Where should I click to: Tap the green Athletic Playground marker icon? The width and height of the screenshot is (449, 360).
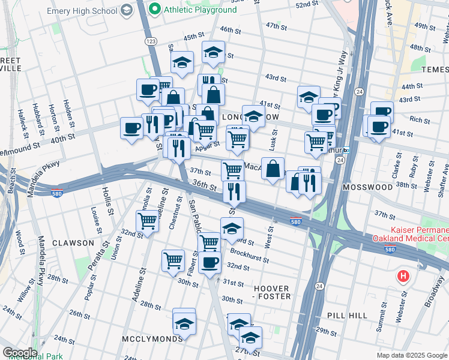point(154,9)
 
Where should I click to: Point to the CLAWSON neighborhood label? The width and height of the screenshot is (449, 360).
point(73,243)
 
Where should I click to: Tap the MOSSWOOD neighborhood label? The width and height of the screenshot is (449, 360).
point(367,187)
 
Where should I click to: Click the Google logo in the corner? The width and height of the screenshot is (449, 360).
point(19,353)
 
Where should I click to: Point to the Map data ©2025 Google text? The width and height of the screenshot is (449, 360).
point(411,355)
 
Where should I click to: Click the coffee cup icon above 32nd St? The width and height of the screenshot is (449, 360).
point(209,262)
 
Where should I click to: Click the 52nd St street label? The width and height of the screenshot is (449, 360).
point(306,4)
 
